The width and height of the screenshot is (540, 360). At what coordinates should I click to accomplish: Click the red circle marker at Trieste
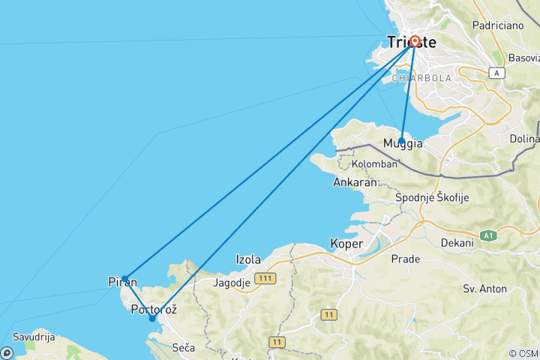(414, 42)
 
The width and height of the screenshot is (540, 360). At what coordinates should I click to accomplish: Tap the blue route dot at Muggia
(402, 141)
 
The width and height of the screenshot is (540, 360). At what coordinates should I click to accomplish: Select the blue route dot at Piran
(124, 279)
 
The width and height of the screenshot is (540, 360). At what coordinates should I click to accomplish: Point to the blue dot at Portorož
(152, 318)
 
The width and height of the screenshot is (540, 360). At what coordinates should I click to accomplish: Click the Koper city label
(347, 244)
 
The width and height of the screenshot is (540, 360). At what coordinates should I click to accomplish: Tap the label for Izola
(248, 259)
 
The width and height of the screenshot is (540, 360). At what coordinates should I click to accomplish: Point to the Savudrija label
(34, 337)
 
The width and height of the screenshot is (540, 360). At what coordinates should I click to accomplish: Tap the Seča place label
(184, 347)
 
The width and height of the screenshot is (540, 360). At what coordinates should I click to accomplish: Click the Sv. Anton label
(484, 289)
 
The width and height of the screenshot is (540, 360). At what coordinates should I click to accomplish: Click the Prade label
(406, 259)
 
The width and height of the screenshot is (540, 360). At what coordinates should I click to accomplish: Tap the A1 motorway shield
(489, 235)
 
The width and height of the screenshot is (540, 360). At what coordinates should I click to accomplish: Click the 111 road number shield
(264, 278)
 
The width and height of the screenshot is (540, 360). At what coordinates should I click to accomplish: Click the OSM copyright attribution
(523, 354)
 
